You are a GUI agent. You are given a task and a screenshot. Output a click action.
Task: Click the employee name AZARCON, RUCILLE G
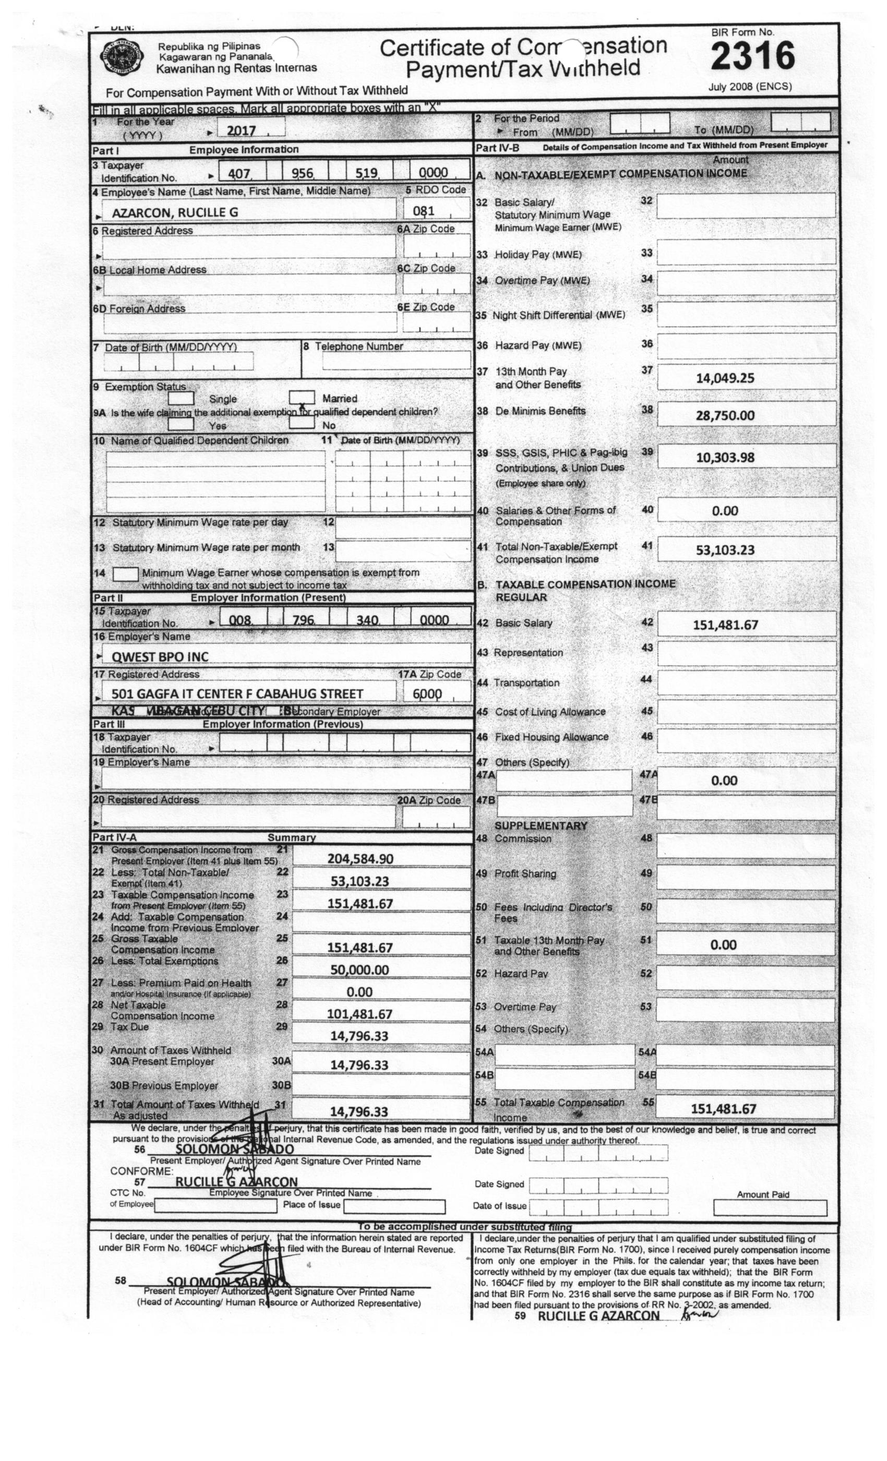click(x=175, y=212)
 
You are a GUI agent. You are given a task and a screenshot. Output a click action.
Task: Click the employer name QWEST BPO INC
click(x=160, y=656)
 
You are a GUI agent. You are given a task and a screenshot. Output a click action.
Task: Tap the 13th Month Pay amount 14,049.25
click(x=725, y=378)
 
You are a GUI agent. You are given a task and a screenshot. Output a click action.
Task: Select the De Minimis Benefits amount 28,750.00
click(x=725, y=415)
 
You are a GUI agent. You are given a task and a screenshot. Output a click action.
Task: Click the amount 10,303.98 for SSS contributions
click(x=725, y=458)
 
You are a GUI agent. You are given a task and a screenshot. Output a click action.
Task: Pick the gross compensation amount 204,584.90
click(x=360, y=858)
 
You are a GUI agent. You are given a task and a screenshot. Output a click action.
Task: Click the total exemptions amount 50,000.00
click(x=359, y=969)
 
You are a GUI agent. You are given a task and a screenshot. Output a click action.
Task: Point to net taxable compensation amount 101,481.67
click(x=359, y=1014)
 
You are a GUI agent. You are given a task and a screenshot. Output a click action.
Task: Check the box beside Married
click(x=301, y=397)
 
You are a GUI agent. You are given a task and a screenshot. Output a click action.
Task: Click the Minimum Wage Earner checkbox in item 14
click(x=125, y=574)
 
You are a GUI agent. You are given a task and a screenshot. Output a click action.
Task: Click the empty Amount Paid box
click(x=770, y=1208)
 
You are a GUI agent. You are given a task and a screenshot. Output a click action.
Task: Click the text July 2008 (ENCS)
click(x=749, y=87)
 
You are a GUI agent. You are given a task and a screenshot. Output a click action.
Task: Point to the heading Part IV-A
click(x=115, y=837)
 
